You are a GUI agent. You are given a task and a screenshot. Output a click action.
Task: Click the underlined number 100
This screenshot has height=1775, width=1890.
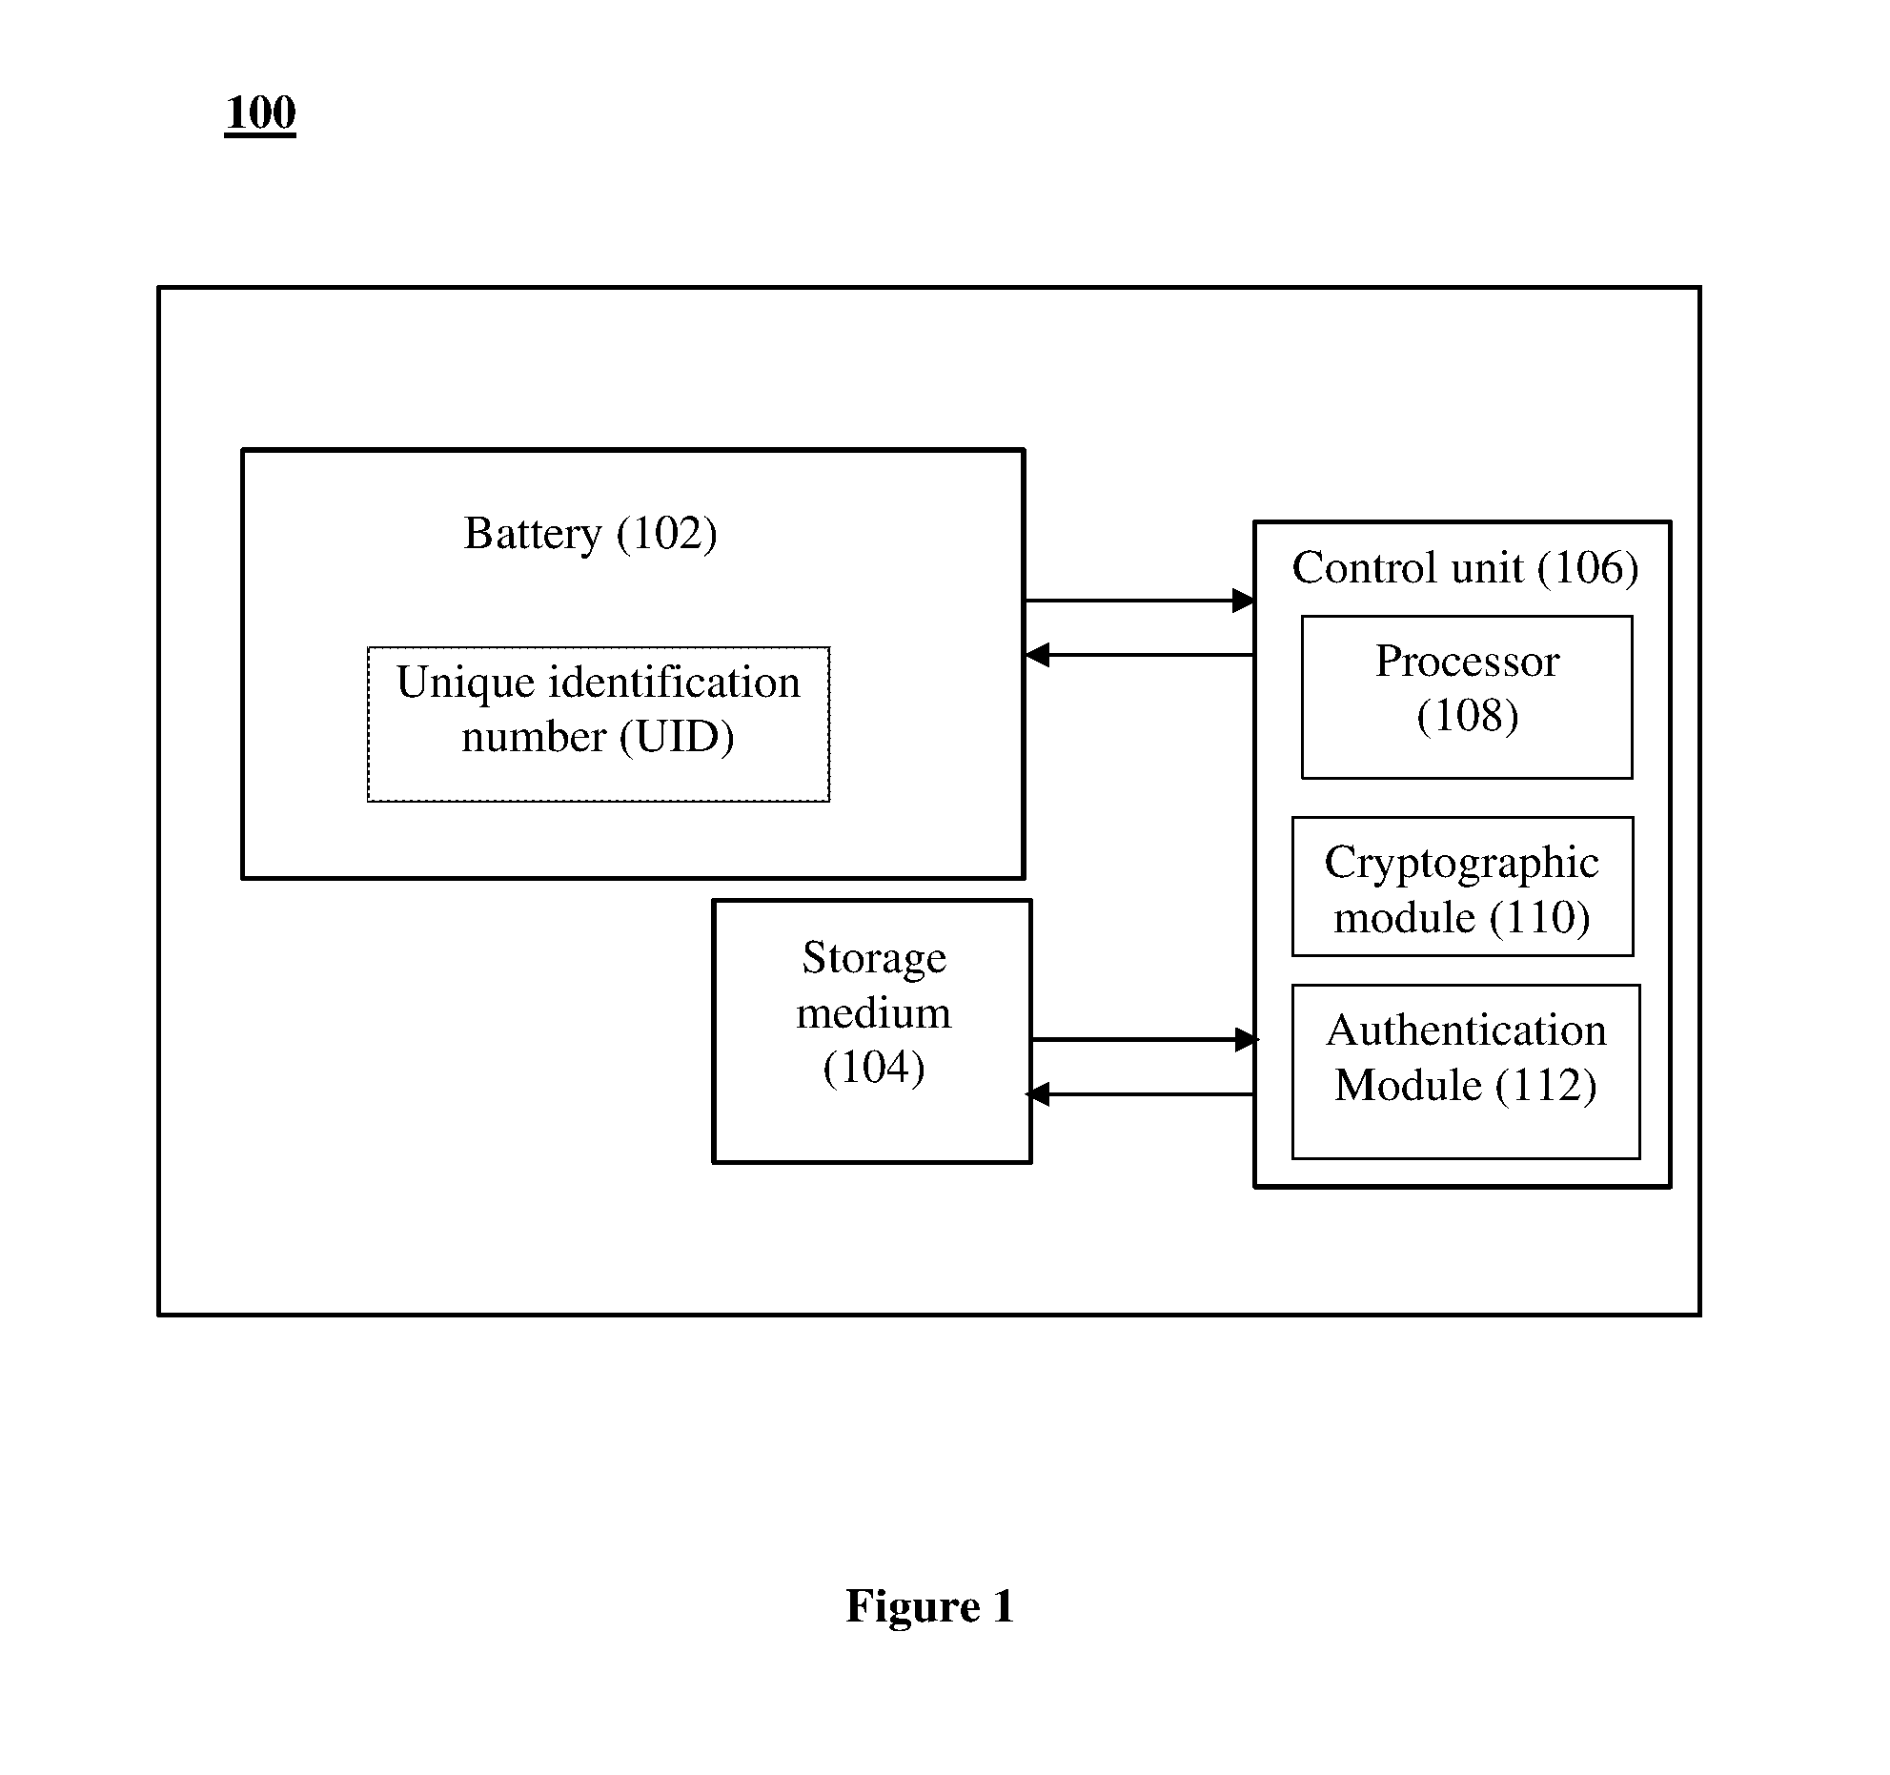pyautogui.click(x=260, y=113)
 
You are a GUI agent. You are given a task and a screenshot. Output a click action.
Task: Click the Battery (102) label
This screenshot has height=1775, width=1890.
pyautogui.click(x=590, y=534)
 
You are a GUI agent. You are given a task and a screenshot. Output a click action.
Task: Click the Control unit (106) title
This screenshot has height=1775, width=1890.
pyautogui.click(x=1465, y=568)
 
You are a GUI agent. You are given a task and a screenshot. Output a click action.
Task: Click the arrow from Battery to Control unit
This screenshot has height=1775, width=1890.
pyautogui.click(x=1140, y=601)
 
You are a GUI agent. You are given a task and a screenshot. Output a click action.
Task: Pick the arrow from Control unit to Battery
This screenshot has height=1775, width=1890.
pyautogui.click(x=1140, y=655)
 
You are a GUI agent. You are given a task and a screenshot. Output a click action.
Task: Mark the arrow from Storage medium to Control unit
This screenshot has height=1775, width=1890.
pyautogui.click(x=1145, y=1039)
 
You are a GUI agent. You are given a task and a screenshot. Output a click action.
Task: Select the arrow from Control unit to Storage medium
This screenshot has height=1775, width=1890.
pyautogui.click(x=1141, y=1094)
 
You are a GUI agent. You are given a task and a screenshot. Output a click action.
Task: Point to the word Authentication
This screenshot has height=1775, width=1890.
pyautogui.click(x=1466, y=1030)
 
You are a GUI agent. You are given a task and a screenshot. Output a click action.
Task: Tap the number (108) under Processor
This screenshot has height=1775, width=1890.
pyautogui.click(x=1468, y=716)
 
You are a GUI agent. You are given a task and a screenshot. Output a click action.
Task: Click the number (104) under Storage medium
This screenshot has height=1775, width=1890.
pyautogui.click(x=874, y=1068)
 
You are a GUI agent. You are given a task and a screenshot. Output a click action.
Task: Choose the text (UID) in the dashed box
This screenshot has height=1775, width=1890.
pyautogui.click(x=677, y=738)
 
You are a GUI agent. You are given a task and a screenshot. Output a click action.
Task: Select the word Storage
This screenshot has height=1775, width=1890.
pyautogui.click(x=874, y=959)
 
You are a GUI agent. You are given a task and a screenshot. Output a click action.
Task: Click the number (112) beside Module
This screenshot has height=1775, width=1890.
pyautogui.click(x=1546, y=1086)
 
